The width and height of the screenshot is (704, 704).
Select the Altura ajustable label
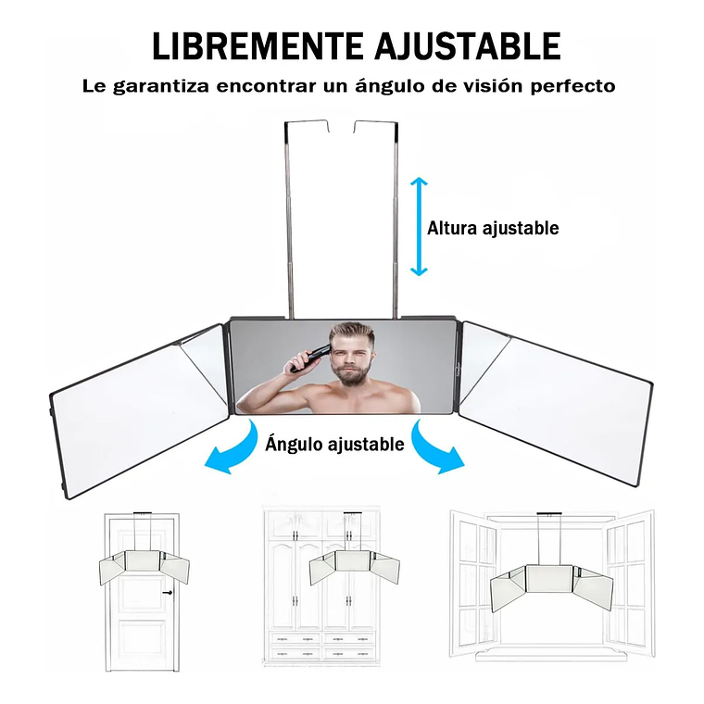pos(493,228)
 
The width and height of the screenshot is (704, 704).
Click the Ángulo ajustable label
pos(334,445)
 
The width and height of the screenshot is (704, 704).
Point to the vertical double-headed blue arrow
pos(420,226)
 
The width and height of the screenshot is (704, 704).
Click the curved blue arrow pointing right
pos(436,451)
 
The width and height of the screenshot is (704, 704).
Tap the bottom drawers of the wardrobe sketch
pos(322,645)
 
